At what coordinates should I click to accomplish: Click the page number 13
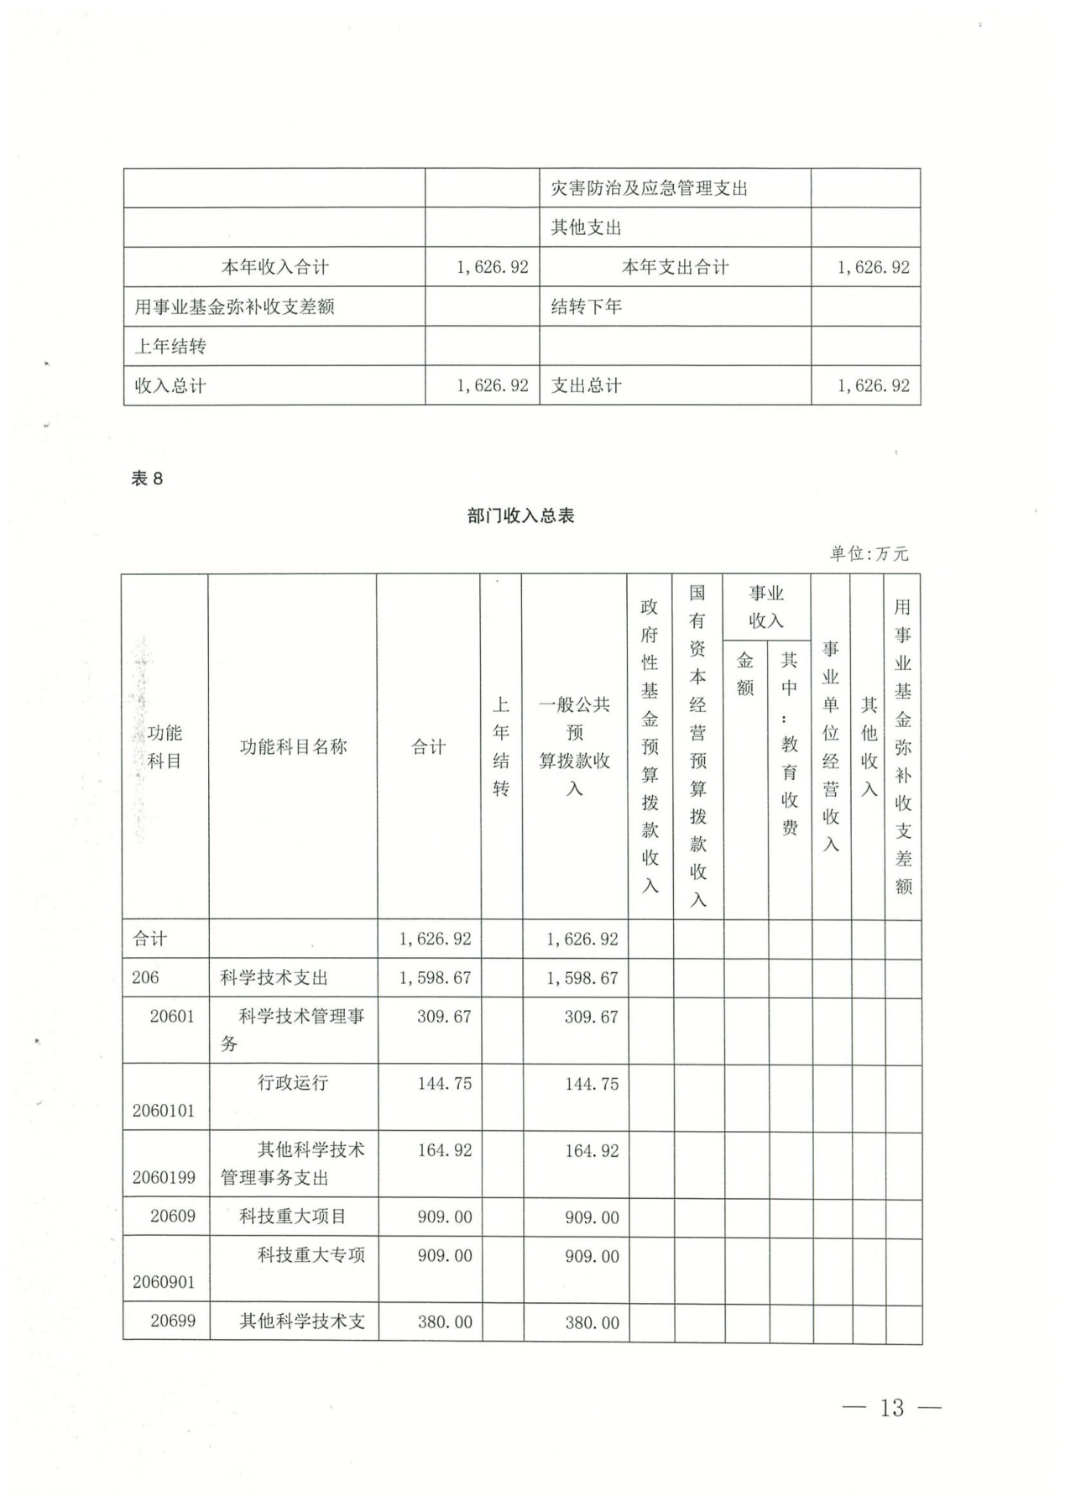click(891, 1407)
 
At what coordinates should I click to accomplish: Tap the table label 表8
click(147, 479)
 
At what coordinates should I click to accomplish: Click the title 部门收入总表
click(520, 515)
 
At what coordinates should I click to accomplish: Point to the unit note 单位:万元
click(869, 553)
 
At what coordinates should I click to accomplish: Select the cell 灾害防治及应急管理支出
click(649, 188)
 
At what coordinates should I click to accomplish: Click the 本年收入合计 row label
click(274, 267)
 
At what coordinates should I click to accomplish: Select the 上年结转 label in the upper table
click(170, 346)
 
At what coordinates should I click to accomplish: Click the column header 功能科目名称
click(293, 746)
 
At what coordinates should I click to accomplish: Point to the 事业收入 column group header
click(766, 606)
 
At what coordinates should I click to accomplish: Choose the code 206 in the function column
click(145, 977)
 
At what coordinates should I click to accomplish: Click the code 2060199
click(164, 1177)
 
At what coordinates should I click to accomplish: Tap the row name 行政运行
click(292, 1082)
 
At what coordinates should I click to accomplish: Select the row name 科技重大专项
click(311, 1255)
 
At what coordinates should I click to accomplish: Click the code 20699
click(173, 1321)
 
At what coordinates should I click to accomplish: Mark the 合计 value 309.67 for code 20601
click(444, 1017)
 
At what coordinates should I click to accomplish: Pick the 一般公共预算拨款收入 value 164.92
click(592, 1151)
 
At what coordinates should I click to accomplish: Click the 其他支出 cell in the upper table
click(586, 228)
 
